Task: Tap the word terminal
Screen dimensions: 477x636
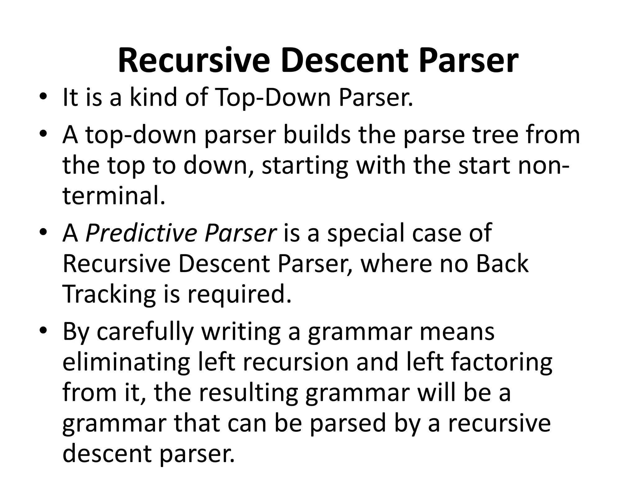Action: (114, 196)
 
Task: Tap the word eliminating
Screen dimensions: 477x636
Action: (126, 362)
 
